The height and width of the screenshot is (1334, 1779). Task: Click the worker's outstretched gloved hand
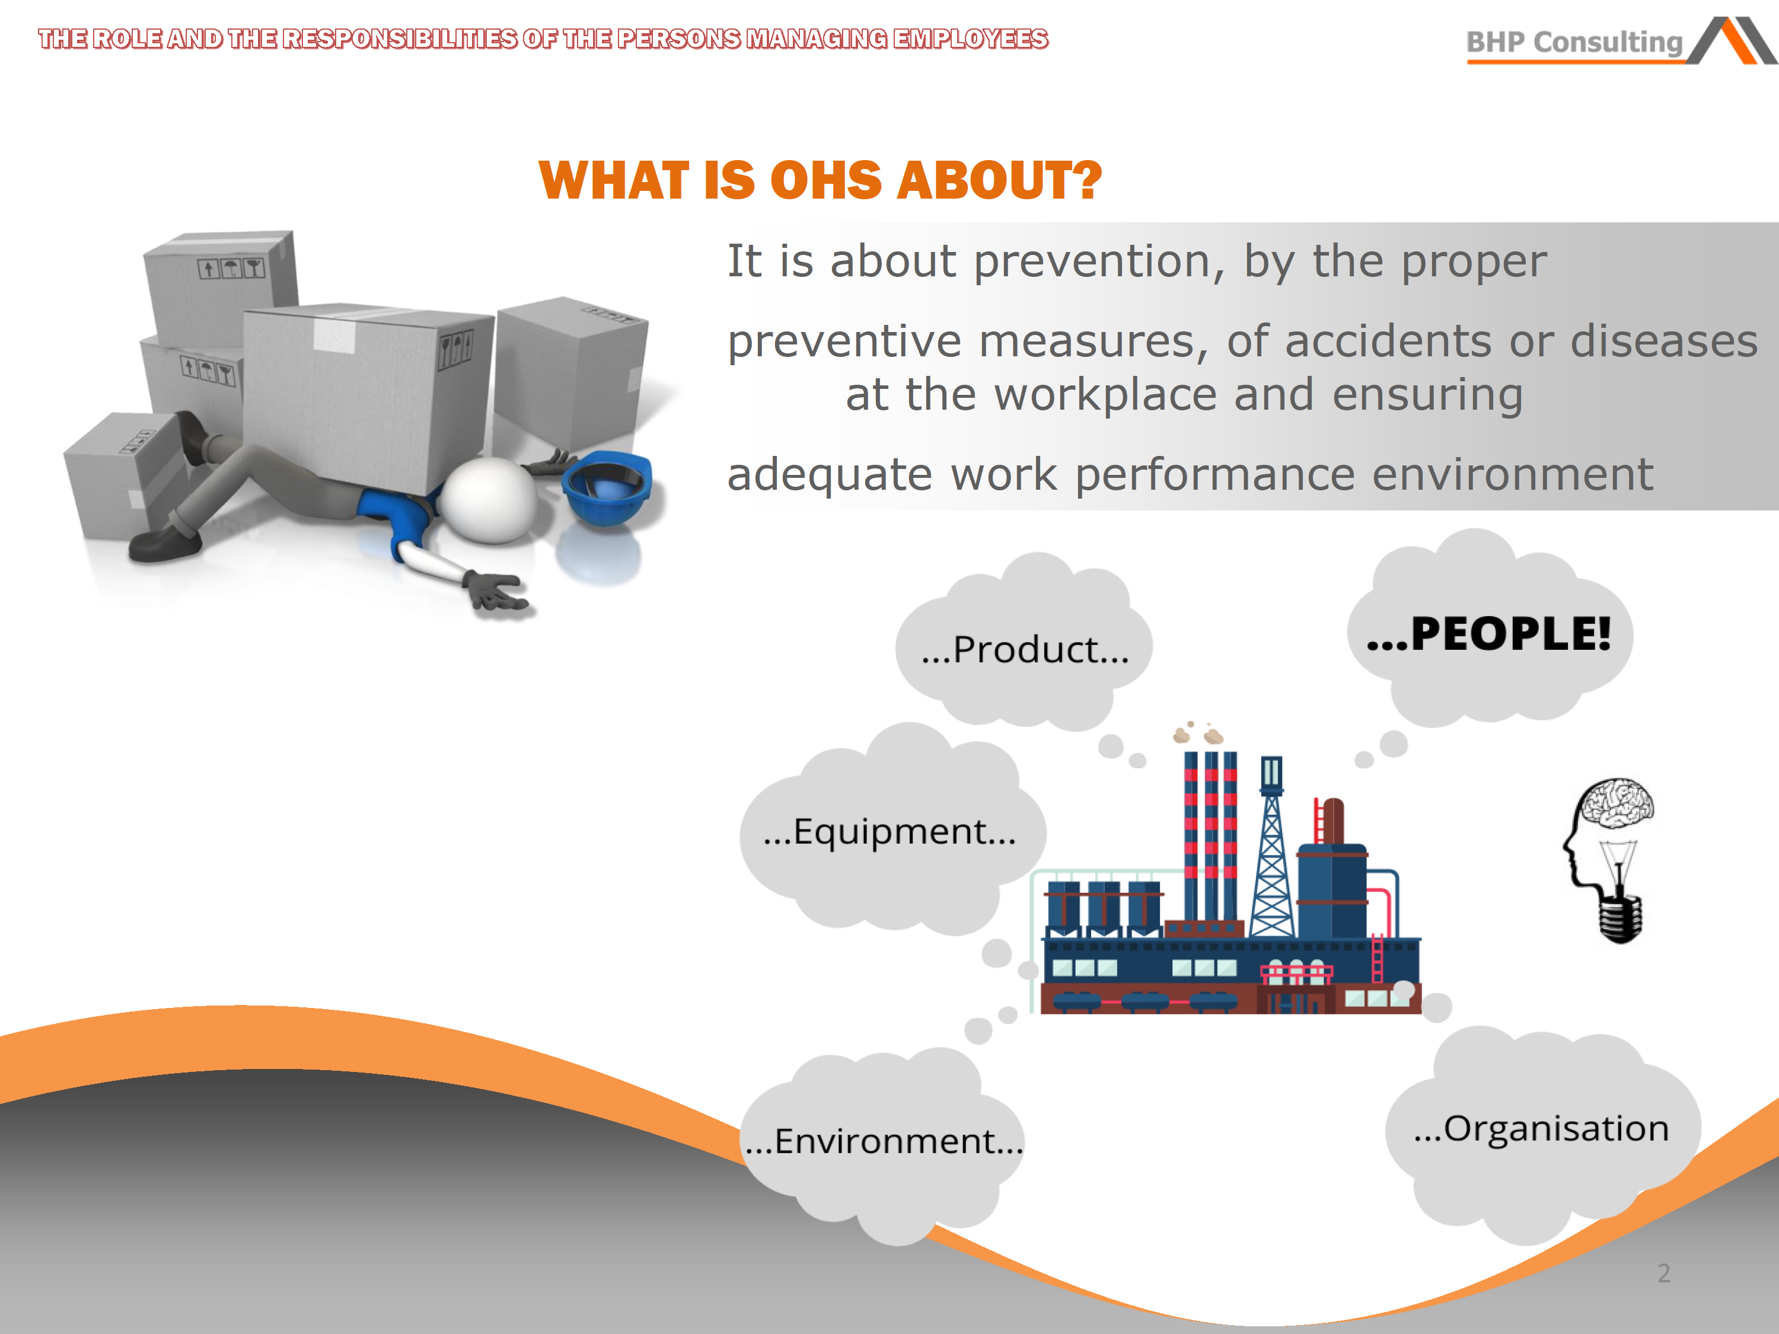pos(497,593)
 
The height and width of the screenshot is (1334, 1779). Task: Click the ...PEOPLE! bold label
pos(1488,634)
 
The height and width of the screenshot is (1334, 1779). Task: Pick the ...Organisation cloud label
pos(1541,1129)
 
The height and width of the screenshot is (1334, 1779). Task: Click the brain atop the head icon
pos(1615,803)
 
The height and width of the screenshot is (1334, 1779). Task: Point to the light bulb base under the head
pos(1619,918)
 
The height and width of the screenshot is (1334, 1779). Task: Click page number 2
pos(1664,1273)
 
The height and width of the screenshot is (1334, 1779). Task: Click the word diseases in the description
pos(1663,341)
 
